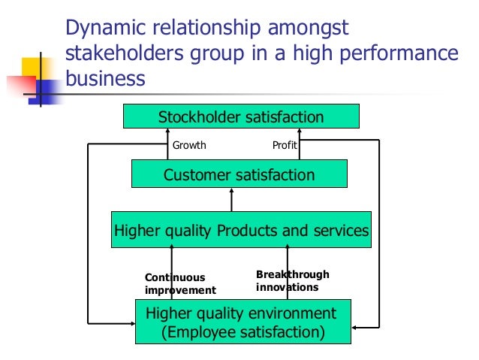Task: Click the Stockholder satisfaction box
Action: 241,116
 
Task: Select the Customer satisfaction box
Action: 239,175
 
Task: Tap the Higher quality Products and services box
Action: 241,230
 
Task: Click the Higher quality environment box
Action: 241,321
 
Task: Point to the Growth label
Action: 189,145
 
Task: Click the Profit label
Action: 283,145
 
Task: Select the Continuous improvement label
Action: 179,283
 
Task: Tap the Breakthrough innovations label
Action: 292,280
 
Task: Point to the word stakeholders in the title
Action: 123,54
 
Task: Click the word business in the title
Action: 105,79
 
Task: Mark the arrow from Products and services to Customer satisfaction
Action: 231,199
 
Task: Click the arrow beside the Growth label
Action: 168,144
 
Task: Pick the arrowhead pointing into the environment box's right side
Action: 353,328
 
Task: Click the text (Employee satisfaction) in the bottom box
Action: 243,331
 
